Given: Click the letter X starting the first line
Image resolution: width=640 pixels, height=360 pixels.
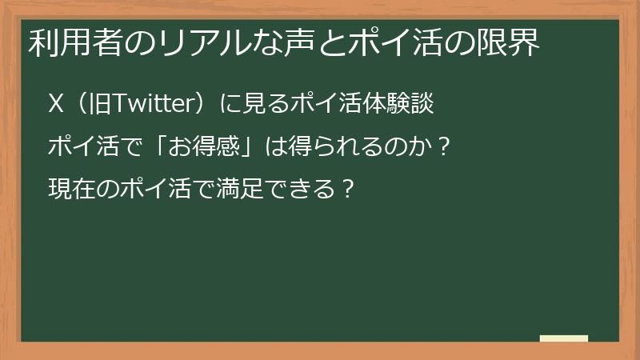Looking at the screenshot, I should (56, 104).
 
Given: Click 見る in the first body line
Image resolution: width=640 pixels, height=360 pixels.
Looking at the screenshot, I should (259, 104).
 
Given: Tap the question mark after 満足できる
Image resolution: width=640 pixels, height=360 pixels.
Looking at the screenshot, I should (346, 190).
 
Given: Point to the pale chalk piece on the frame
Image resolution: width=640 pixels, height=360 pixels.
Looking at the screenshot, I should (564, 339).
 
